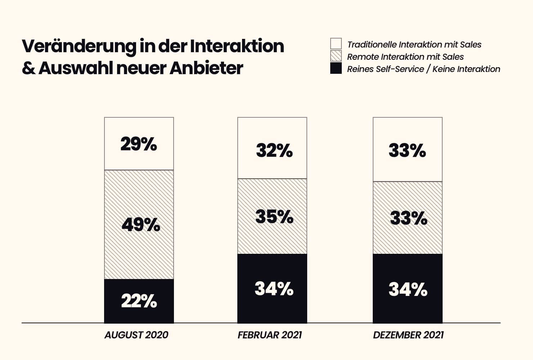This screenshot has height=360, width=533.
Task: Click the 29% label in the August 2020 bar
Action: tap(139, 144)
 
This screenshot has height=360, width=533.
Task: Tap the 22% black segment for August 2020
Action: tap(139, 301)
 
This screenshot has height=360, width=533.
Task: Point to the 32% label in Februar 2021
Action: tap(274, 150)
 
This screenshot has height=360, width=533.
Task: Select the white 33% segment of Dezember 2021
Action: tap(407, 150)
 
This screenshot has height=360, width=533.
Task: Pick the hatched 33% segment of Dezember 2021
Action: tap(408, 218)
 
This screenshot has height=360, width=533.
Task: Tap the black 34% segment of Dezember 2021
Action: tap(408, 289)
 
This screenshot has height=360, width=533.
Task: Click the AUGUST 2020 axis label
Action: tap(136, 335)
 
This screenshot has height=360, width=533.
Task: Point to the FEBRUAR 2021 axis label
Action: tap(270, 335)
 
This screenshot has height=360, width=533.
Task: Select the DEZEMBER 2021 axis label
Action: tap(408, 335)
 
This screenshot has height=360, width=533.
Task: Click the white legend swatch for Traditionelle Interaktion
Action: tap(336, 44)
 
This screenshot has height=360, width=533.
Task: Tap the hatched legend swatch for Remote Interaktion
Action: tap(336, 56)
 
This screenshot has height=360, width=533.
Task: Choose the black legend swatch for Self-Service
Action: tap(336, 68)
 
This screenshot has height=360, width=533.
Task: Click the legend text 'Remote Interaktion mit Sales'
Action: tap(405, 57)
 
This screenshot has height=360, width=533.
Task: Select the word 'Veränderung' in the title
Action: tap(79, 46)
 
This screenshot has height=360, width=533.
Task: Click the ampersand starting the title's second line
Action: tap(28, 68)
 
